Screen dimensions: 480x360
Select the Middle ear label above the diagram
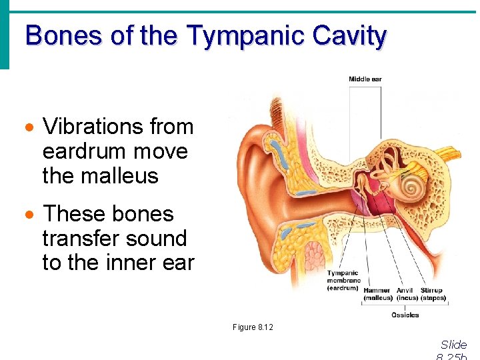point(365,79)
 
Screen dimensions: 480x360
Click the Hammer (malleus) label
point(378,294)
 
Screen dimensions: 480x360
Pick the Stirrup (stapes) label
point(432,294)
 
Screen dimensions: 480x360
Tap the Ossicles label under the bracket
point(405,315)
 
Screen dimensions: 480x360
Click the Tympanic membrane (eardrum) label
point(343,280)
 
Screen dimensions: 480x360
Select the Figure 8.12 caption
point(253,327)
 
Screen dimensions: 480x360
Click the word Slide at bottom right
point(454,345)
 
